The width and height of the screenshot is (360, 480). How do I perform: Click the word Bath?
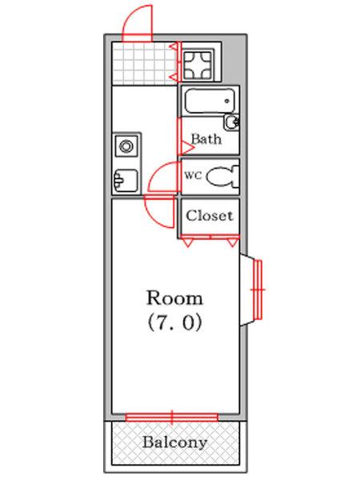coord(206,139)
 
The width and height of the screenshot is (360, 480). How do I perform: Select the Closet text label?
coord(210,215)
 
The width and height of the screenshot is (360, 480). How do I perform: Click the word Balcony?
coord(174,442)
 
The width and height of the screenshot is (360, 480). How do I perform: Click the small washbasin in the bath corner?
coord(232,122)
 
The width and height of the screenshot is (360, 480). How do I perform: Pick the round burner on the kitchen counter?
coord(126,146)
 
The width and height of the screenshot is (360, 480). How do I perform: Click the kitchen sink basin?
coord(126,181)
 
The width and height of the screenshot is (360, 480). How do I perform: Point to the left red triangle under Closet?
coord(186,242)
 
